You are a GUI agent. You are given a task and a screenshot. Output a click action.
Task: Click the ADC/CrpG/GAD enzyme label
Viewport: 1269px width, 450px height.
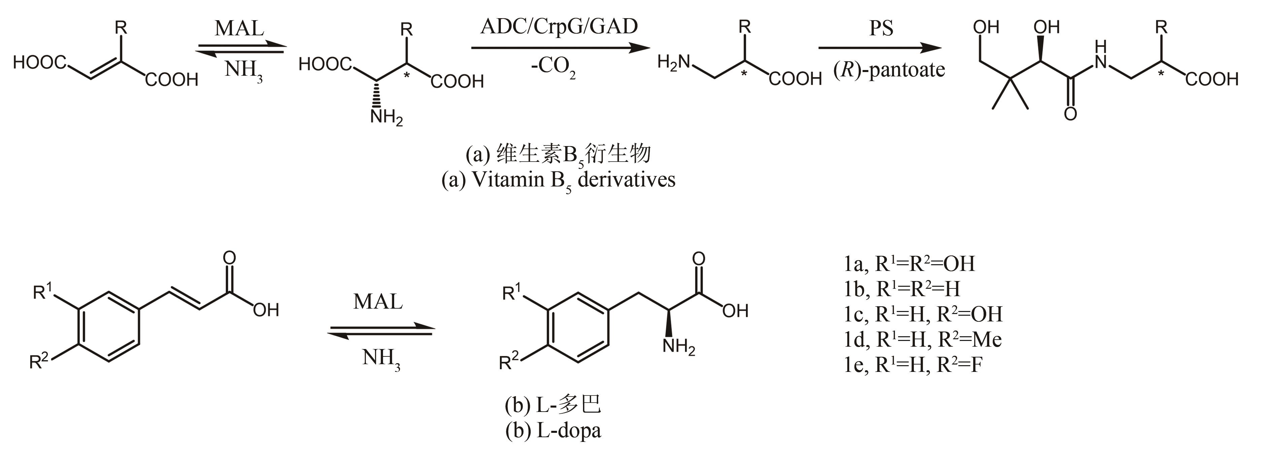[559, 27]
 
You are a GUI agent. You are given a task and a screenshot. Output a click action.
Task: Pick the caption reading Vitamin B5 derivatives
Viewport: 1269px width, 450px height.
[558, 180]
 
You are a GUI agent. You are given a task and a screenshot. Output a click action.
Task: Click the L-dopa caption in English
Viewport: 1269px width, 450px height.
[553, 431]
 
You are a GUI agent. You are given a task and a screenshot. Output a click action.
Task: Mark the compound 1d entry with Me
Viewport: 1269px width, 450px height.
[923, 339]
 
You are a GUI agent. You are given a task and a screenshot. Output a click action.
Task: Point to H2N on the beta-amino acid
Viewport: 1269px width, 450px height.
[674, 63]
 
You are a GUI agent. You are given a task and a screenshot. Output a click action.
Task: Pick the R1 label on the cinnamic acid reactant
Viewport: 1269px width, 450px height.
[42, 291]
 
